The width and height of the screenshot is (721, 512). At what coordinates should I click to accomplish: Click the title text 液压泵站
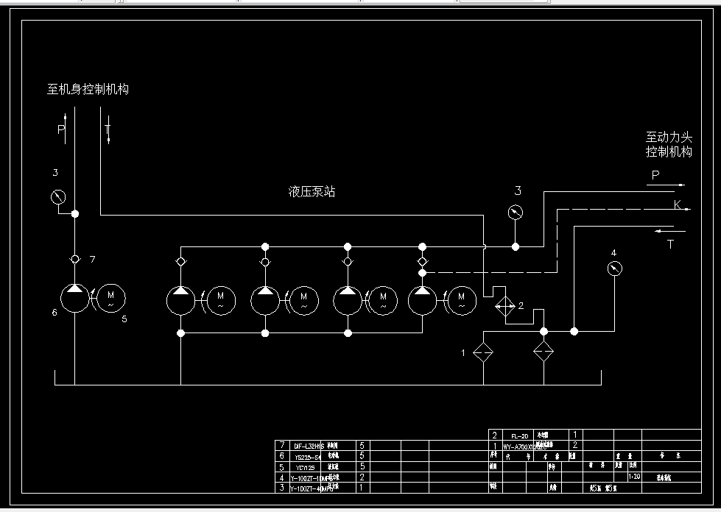[x=312, y=192]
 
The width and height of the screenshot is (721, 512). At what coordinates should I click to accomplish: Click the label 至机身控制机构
[x=88, y=90]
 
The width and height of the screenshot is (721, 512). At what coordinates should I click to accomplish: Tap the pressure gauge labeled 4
[x=615, y=269]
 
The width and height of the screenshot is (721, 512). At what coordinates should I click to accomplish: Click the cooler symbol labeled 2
[x=504, y=306]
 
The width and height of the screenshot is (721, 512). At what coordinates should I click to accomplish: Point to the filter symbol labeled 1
[x=483, y=352]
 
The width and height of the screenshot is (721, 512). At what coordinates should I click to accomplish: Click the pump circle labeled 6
[x=74, y=298]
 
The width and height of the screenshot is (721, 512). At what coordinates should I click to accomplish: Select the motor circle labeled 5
[x=112, y=298]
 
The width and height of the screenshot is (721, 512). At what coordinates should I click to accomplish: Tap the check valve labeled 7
[x=74, y=259]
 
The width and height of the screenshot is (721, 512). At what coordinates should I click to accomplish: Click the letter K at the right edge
[x=678, y=205]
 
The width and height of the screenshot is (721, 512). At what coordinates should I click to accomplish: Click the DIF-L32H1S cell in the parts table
[x=309, y=446]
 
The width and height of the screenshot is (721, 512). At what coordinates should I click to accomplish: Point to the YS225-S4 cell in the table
[x=307, y=456]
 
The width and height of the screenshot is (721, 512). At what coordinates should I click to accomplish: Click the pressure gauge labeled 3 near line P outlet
[x=516, y=213]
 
